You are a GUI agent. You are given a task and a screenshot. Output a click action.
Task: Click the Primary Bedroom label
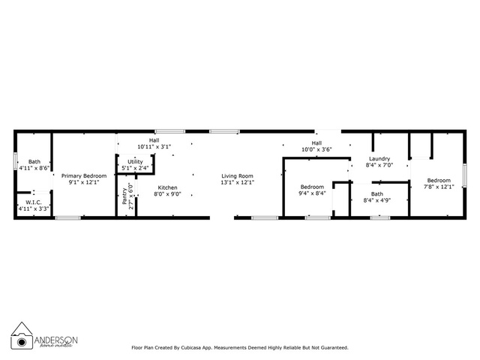point(84,175)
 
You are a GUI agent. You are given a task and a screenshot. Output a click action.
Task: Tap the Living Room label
point(237,176)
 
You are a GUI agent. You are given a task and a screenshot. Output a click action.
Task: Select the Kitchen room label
point(167,187)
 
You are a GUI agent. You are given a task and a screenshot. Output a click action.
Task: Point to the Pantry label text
point(124,196)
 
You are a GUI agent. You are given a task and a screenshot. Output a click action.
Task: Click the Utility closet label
point(135,162)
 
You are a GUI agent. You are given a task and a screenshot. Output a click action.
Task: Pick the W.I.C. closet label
point(34,202)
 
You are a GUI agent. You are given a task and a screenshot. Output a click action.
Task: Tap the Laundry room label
point(379,158)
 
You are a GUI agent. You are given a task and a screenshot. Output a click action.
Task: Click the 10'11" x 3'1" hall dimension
point(154,147)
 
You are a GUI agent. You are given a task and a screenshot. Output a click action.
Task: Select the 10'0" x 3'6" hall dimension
point(316,149)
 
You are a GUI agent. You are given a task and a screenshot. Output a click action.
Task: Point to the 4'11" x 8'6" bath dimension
point(34,168)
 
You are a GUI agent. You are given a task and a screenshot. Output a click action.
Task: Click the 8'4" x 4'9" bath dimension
point(377,200)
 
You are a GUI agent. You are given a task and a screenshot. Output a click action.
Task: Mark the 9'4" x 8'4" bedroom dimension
point(312,193)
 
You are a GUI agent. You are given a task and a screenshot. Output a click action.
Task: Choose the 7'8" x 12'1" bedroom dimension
point(439,187)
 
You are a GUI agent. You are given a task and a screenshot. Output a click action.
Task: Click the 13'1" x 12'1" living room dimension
point(237,182)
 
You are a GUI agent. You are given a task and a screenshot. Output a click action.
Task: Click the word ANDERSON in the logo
point(56,340)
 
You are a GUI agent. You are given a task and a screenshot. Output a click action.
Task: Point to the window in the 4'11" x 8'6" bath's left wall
point(15,160)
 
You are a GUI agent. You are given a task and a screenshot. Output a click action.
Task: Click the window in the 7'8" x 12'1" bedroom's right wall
point(465,175)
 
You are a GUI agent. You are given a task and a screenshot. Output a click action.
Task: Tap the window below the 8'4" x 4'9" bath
point(380,218)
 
